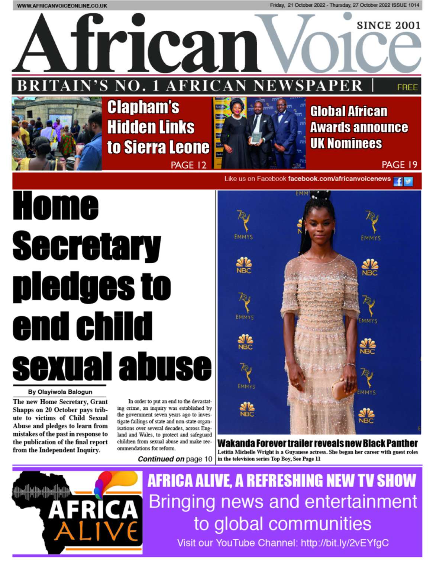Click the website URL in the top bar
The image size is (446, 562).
(x=62, y=6)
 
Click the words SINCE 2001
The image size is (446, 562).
(x=388, y=26)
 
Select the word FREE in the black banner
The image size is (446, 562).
(x=407, y=87)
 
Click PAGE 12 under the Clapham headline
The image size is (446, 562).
(x=188, y=165)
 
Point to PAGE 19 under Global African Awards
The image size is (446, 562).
(x=400, y=165)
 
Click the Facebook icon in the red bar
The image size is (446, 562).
(x=398, y=182)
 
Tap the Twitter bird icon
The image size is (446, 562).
(x=408, y=182)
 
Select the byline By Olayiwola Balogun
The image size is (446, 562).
(x=60, y=392)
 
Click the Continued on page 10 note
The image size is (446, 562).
(x=175, y=459)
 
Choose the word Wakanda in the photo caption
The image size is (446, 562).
(x=236, y=443)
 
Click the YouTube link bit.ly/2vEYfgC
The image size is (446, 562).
(x=345, y=543)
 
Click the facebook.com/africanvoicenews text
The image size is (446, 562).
(x=339, y=179)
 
